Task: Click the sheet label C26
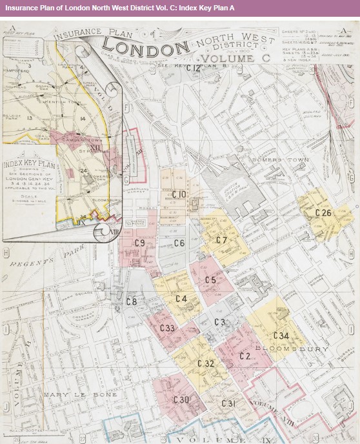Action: (323, 213)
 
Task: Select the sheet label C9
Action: (139, 243)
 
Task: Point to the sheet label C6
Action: (179, 243)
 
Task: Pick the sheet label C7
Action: (221, 240)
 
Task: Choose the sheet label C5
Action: (210, 280)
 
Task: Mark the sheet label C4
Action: (181, 299)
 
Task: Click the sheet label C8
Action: (131, 301)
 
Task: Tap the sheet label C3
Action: (219, 322)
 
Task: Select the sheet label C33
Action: (167, 328)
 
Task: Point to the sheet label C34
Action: (281, 336)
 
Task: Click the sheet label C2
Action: (245, 356)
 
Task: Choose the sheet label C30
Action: (181, 399)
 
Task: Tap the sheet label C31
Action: (227, 403)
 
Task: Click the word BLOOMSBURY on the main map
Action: (283, 349)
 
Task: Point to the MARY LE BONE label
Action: (70, 394)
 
